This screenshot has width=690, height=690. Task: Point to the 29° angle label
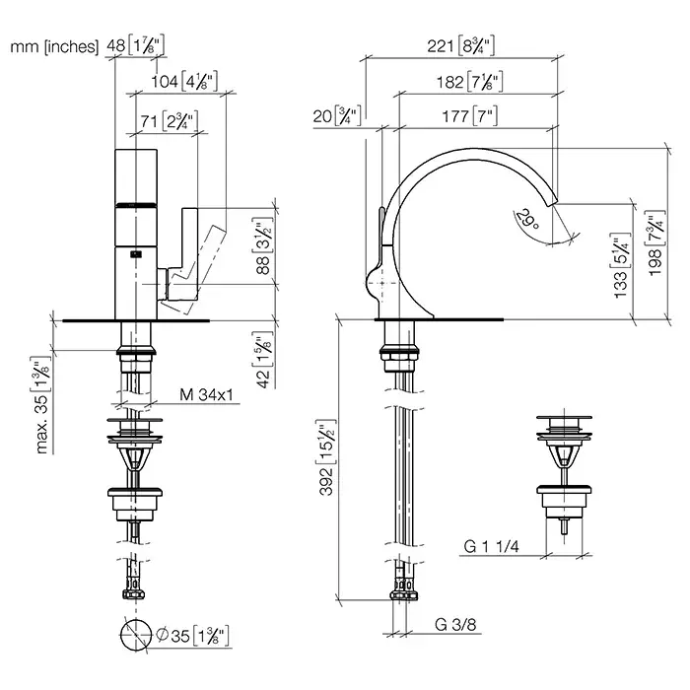[x=526, y=219]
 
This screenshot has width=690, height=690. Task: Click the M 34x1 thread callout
[x=206, y=394]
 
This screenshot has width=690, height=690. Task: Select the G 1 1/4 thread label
[x=491, y=546]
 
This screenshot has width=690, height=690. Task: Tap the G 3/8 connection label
[x=455, y=624]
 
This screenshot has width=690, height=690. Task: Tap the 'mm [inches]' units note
[x=54, y=46]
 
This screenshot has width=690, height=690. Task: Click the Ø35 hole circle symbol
[x=136, y=635]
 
